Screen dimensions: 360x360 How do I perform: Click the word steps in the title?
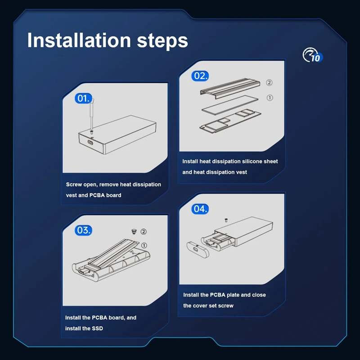162,41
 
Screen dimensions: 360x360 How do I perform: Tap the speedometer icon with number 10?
312,55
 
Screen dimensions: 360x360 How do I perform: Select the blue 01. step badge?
83,99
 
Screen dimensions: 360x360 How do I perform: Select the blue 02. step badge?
200,76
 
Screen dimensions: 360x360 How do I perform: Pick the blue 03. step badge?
83,230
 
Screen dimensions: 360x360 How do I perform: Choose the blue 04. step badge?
200,209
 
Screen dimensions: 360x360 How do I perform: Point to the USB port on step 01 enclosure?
90,142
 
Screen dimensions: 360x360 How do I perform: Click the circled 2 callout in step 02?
269,83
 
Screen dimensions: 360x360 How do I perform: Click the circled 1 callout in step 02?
270,98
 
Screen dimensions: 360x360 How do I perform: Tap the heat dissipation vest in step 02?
230,88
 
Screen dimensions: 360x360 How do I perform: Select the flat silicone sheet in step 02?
230,105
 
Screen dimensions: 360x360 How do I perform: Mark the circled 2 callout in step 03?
144,232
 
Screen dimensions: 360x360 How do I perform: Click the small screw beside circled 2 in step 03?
134,231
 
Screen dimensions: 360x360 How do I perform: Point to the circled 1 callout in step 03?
144,245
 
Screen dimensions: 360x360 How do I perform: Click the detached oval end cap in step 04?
198,249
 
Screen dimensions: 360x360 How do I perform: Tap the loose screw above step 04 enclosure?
226,220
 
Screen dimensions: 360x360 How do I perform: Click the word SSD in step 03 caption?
97,328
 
